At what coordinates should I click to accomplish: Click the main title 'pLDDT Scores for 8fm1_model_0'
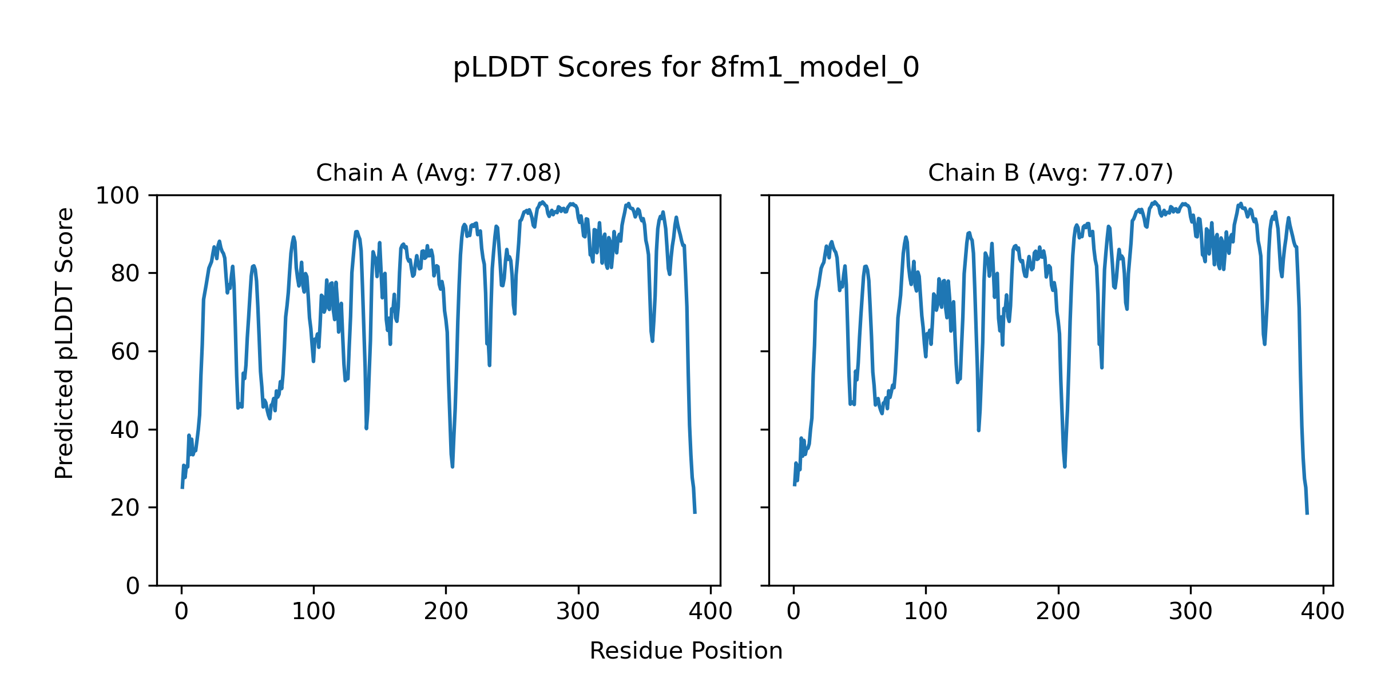[686, 68]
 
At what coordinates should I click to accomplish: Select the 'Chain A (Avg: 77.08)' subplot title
[438, 173]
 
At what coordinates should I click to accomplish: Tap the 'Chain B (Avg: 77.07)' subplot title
[1050, 173]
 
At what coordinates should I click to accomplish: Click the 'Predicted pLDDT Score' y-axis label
[65, 343]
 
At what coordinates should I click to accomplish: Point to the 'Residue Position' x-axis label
[686, 651]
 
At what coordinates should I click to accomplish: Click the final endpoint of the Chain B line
[1307, 514]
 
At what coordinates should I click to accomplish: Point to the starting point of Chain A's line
[182, 488]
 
